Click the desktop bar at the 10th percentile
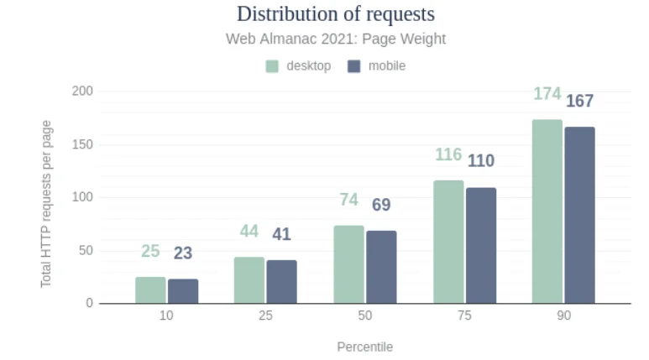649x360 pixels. click(150, 290)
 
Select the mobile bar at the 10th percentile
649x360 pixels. click(183, 291)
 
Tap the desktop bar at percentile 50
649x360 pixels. click(348, 264)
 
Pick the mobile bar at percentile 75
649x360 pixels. click(481, 245)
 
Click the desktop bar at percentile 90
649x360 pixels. click(547, 211)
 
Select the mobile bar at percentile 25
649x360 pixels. click(281, 282)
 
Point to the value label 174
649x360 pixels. click(547, 94)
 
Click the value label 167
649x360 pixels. click(579, 102)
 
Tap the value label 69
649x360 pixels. click(381, 205)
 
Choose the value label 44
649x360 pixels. click(249, 232)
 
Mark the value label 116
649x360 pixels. click(448, 154)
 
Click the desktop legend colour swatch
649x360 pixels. click(273, 66)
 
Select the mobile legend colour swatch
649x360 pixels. click(354, 66)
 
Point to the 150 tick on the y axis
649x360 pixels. click(82, 144)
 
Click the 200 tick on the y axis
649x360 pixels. click(82, 91)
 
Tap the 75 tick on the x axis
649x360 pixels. click(464, 316)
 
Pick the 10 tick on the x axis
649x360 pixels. click(166, 316)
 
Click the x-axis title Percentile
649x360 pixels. click(364, 347)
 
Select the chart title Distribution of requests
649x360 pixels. click(336, 14)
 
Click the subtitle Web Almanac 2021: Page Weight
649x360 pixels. click(336, 39)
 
